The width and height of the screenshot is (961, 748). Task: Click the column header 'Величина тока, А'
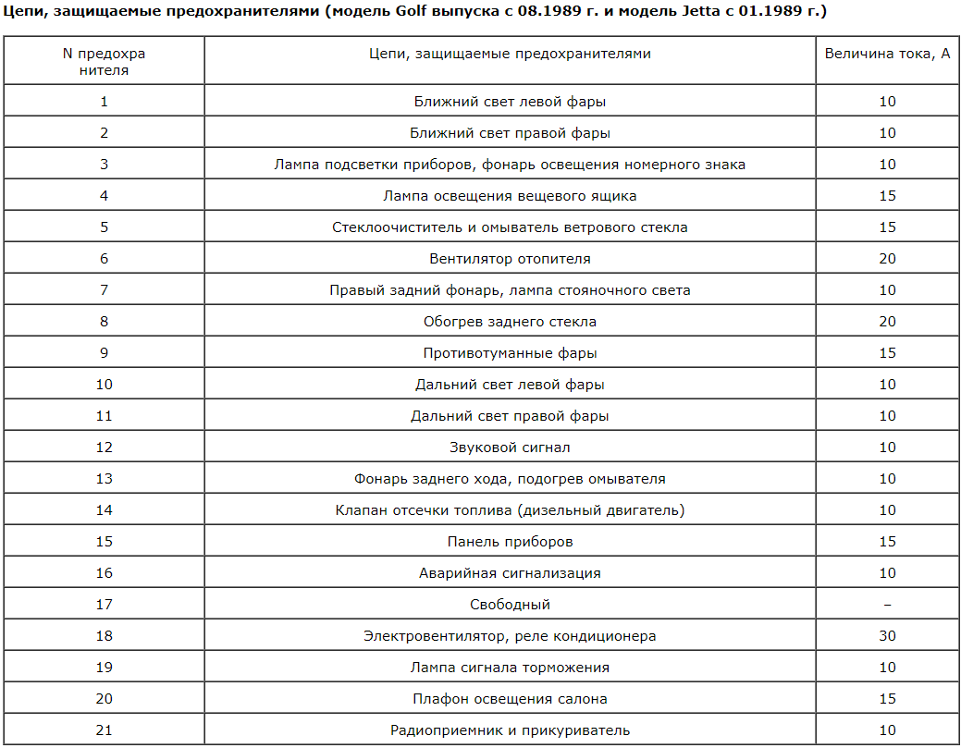pos(887,54)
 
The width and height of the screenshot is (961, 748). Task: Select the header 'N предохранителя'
pos(104,61)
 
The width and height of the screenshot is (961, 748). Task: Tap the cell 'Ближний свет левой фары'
pos(510,102)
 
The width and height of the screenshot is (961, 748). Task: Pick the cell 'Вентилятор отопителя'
pos(510,259)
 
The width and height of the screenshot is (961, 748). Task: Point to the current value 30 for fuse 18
pos(887,636)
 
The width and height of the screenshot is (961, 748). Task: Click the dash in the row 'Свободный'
pos(887,605)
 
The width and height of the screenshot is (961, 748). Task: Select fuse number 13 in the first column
pos(104,479)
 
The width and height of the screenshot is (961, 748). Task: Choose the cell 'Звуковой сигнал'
pos(510,448)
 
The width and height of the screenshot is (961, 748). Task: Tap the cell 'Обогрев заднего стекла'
pos(510,322)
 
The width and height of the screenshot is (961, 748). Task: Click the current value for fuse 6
pos(887,259)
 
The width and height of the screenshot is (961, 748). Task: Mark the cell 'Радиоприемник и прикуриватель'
pos(510,730)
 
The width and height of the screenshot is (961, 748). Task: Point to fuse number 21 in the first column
pos(104,730)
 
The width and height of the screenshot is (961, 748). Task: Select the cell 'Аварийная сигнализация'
pos(510,573)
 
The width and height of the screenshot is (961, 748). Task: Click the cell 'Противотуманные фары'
pos(510,353)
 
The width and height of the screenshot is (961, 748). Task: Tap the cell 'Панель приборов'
pos(510,542)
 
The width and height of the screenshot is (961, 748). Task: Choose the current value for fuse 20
pos(887,699)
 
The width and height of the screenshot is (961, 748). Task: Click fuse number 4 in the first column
pos(104,196)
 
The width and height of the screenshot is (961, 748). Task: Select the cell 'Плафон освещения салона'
pos(510,699)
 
